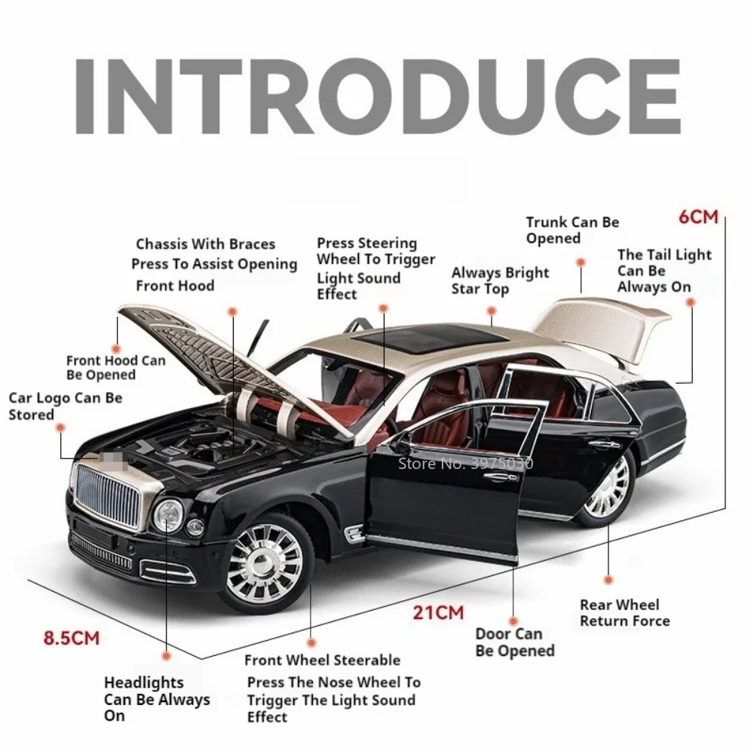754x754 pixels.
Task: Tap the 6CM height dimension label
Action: click(x=698, y=217)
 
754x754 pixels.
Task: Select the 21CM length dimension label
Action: click(x=438, y=611)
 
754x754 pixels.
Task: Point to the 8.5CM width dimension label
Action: click(x=71, y=638)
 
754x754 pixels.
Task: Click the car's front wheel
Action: click(x=263, y=562)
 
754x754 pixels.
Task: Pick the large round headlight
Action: click(x=167, y=516)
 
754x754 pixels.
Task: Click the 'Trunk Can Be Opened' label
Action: click(x=572, y=230)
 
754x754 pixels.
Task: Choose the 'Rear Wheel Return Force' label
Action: click(x=624, y=613)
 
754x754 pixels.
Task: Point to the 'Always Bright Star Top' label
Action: click(x=500, y=280)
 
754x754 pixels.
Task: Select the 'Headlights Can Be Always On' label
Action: click(x=156, y=699)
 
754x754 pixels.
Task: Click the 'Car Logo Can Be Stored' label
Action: click(x=65, y=406)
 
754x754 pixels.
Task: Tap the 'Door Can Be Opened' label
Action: click(x=514, y=642)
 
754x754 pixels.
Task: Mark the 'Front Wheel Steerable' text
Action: click(x=322, y=661)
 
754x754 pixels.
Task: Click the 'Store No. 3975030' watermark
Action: click(x=464, y=463)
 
